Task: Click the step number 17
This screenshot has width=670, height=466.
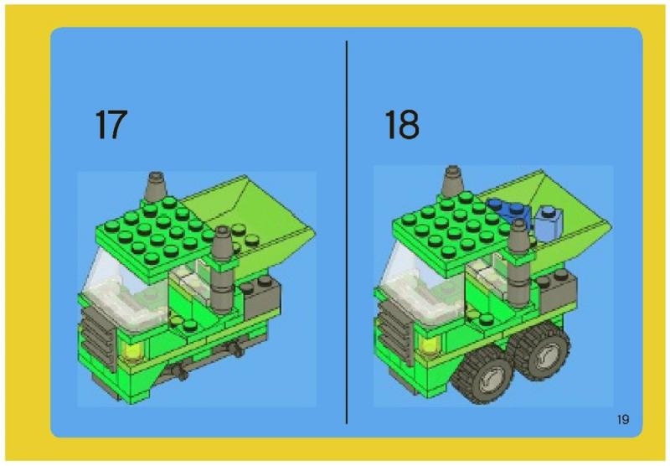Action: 111,124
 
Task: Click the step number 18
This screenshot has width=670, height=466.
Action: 402,124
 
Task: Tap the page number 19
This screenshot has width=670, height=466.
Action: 623,419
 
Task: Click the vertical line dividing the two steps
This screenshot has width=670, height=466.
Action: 347,232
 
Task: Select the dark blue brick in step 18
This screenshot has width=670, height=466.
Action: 510,210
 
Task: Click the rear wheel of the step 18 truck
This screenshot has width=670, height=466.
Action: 541,350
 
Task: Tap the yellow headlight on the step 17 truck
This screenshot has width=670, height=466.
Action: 131,349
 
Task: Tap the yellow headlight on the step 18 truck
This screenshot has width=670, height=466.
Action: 429,344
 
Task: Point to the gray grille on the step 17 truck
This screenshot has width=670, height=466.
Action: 97,336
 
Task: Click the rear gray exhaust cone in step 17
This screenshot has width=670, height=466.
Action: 155,187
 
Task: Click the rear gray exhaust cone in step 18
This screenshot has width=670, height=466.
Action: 452,181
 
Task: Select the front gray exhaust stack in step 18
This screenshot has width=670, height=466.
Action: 519,263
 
